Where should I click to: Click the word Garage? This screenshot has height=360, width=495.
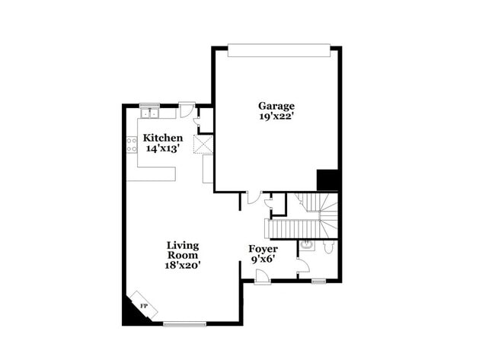click(276, 106)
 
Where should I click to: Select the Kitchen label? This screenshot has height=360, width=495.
click(163, 138)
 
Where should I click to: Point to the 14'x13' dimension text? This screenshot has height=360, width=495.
click(163, 148)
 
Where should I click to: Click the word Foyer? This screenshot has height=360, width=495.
click(263, 249)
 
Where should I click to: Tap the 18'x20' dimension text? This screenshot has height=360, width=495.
click(183, 265)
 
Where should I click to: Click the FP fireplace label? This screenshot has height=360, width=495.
click(143, 306)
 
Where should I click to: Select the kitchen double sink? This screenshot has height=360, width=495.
click(149, 113)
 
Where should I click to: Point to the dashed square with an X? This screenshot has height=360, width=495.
click(203, 145)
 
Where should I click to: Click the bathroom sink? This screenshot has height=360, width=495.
click(305, 245)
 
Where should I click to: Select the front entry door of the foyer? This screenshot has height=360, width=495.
click(262, 279)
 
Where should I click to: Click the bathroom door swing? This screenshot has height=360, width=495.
click(302, 266)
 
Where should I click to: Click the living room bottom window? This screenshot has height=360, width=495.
click(185, 324)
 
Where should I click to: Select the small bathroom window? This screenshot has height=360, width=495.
click(318, 282)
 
